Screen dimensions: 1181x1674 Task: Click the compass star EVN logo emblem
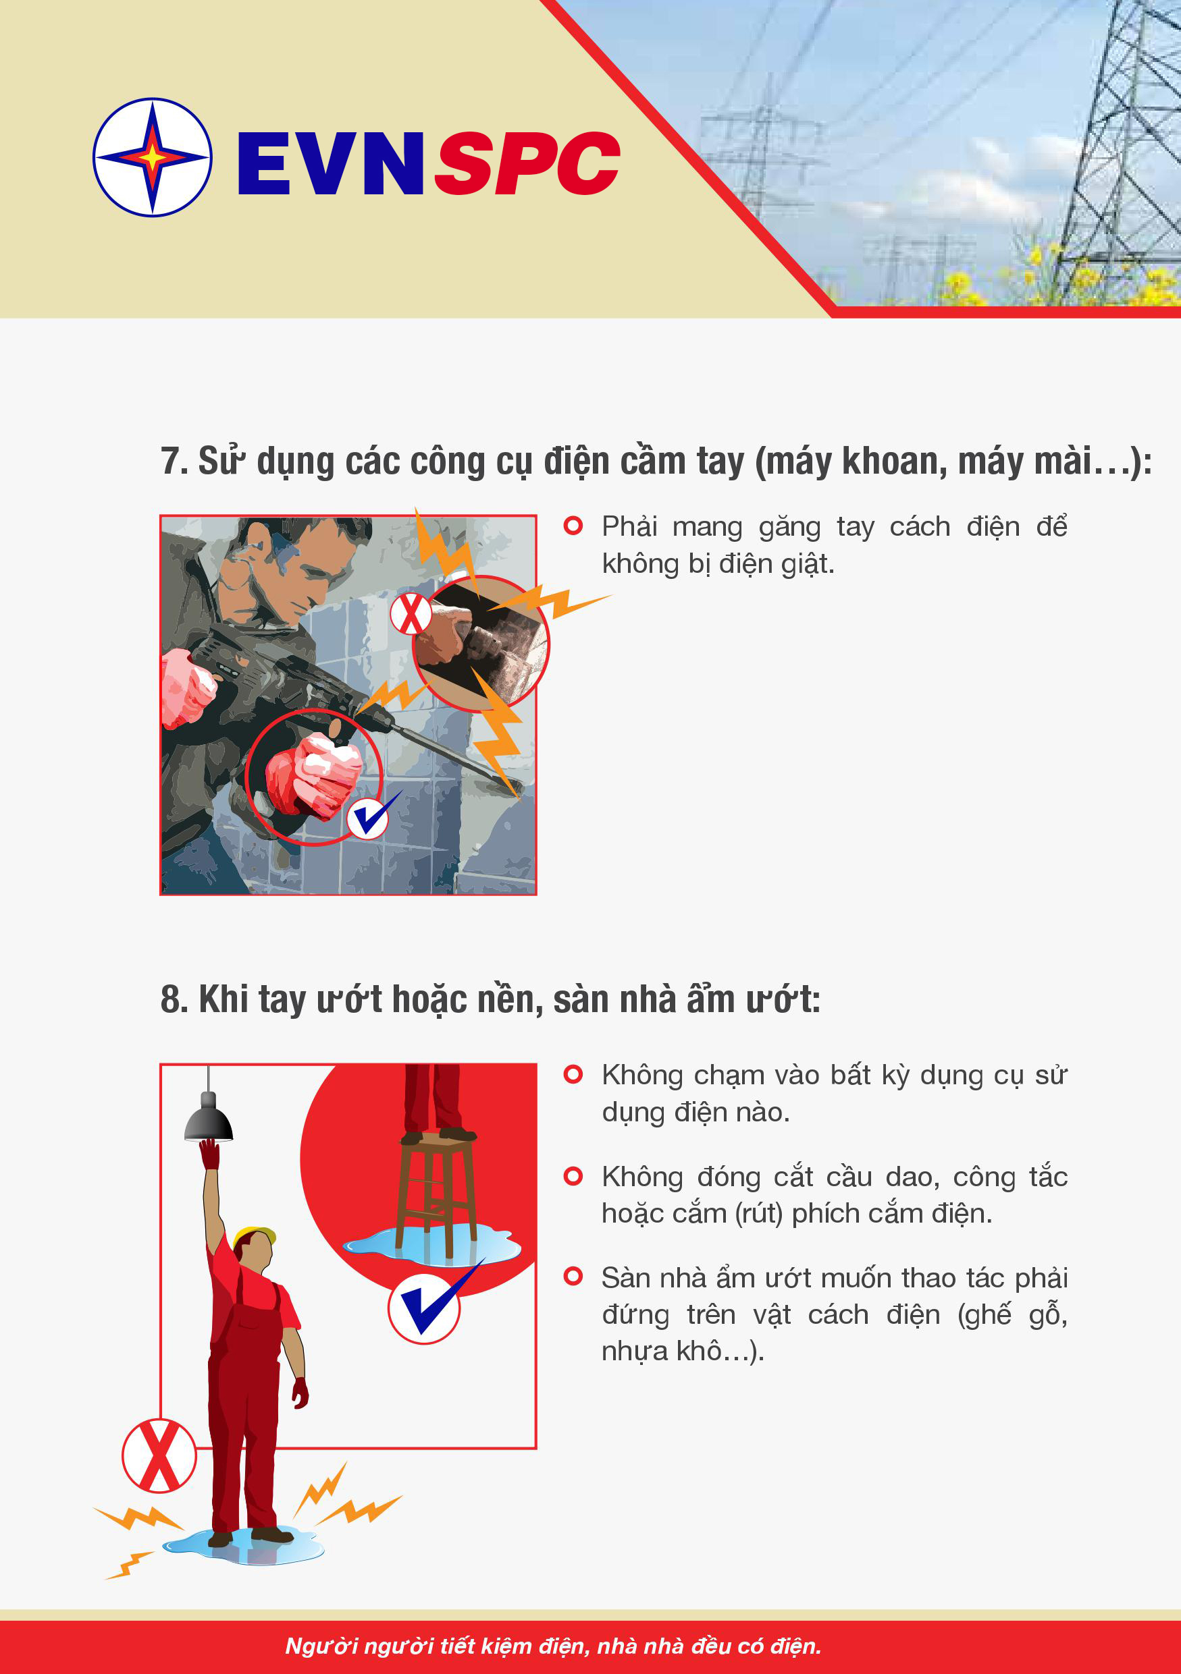(153, 157)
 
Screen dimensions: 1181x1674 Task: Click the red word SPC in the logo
(527, 163)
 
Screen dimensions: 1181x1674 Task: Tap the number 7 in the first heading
(170, 461)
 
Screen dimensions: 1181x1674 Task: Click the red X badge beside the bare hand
(411, 613)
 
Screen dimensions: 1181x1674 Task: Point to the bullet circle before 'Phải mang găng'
(573, 526)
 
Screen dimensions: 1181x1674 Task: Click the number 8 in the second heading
(171, 998)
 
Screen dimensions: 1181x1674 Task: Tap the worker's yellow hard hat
(254, 1236)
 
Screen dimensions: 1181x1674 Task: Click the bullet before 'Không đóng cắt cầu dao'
(573, 1176)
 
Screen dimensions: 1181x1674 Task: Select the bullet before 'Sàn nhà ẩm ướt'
(573, 1277)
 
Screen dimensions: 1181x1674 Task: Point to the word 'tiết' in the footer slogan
(456, 1646)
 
